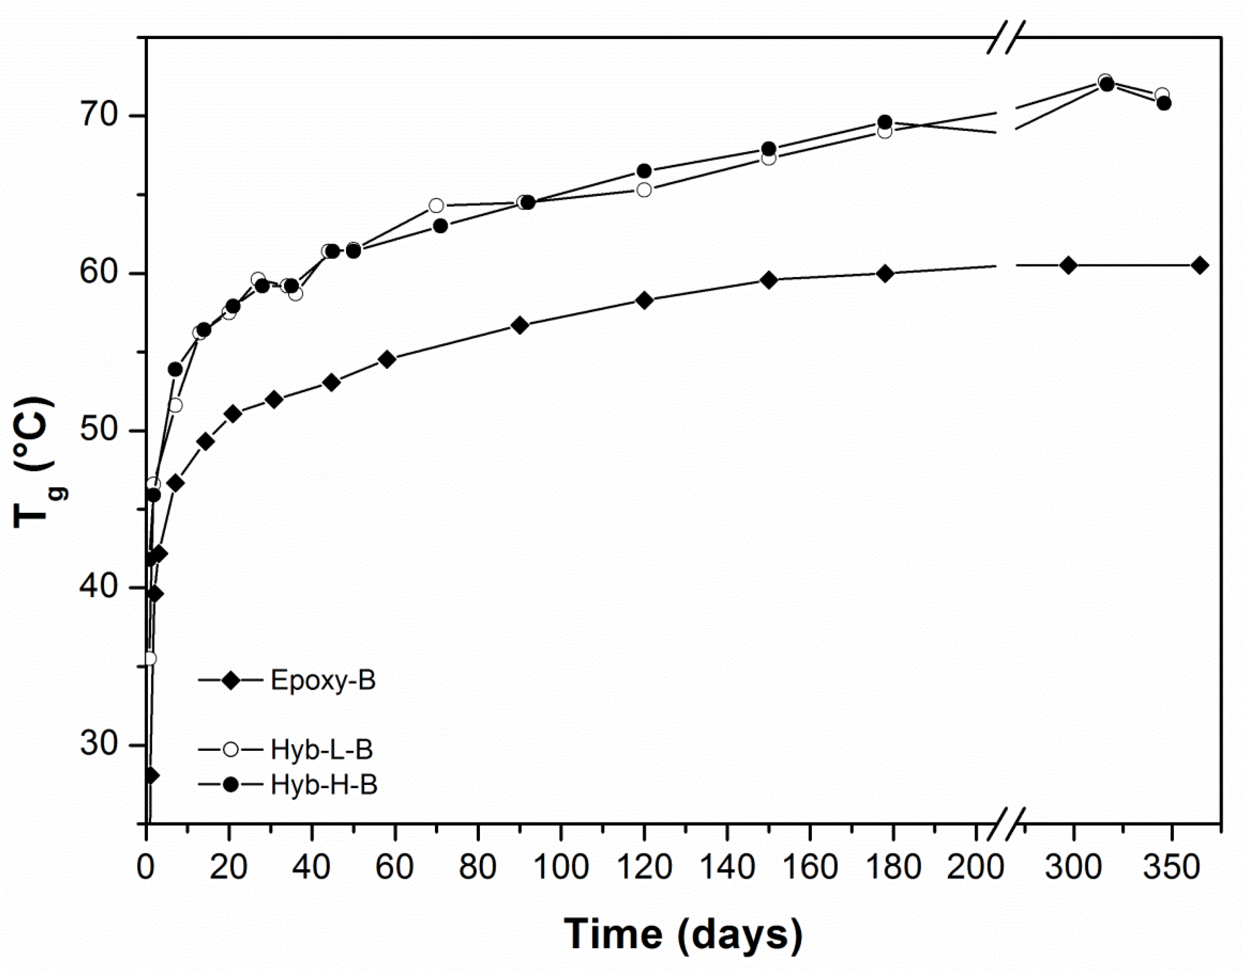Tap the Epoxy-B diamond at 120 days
[x=644, y=300]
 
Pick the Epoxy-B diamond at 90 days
[x=520, y=325]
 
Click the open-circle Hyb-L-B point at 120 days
[x=644, y=190]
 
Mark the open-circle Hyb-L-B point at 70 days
[x=436, y=205]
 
